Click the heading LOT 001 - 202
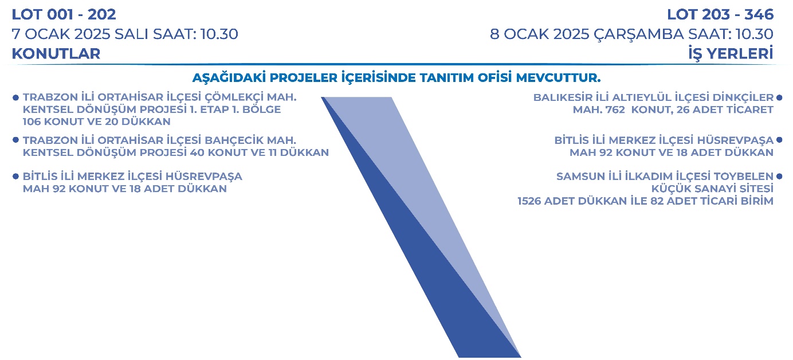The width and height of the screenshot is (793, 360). click(x=64, y=14)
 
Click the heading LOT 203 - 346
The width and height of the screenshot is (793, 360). click(x=720, y=14)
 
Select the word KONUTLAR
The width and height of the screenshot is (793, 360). click(x=56, y=54)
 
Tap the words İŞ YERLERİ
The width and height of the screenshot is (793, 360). click(x=731, y=54)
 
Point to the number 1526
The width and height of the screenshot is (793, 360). click(x=529, y=201)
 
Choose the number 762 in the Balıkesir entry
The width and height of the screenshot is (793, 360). click(x=615, y=109)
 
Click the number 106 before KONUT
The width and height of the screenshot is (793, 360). click(x=32, y=122)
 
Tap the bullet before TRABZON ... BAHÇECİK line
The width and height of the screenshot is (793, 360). click(x=15, y=140)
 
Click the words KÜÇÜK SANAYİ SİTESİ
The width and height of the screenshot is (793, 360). click(x=712, y=189)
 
